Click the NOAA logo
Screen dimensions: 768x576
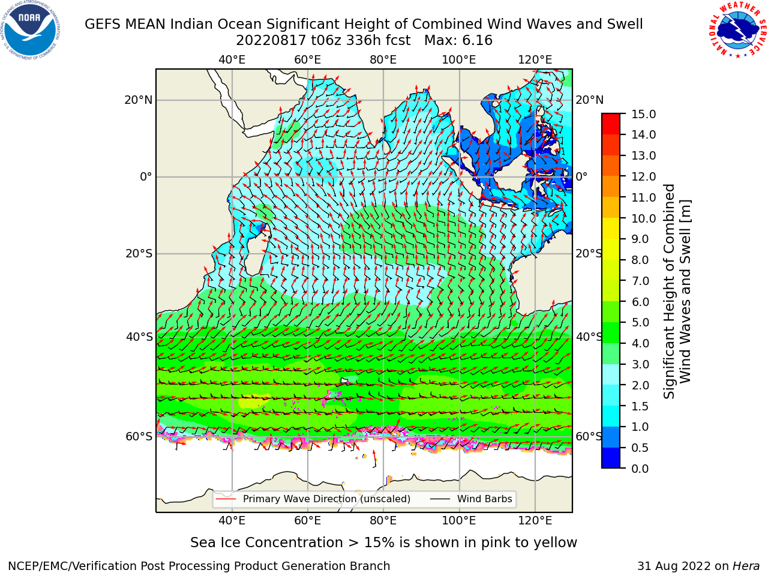coord(30,30)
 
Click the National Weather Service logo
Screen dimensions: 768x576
coord(737,29)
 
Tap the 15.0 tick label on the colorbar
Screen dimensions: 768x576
coord(643,114)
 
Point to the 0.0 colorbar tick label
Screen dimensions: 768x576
coord(640,469)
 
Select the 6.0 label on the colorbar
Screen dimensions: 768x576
coord(640,302)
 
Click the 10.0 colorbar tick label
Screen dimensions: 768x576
coord(643,218)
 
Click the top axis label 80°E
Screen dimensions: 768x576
coord(383,60)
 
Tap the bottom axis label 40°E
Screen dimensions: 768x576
coord(232,520)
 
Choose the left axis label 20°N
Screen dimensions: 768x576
coord(139,100)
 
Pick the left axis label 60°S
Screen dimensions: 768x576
coord(139,436)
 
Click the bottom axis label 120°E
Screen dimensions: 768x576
coord(535,520)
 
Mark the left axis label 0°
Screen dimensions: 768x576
coord(146,176)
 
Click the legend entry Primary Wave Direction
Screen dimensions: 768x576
coord(313,499)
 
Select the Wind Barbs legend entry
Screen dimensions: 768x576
coord(471,499)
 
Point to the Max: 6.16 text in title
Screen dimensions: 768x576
coord(458,41)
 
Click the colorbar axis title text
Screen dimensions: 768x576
coord(677,292)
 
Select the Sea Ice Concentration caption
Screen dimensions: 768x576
coord(383,543)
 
